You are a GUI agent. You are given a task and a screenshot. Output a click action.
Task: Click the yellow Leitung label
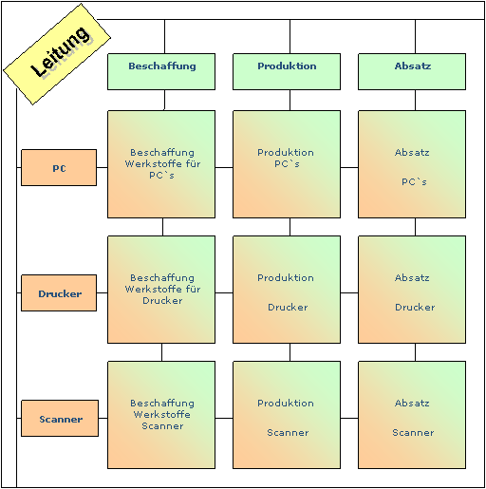57,54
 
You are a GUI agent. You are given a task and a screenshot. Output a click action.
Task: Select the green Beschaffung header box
161,71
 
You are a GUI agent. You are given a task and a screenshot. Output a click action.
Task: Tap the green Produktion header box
287,71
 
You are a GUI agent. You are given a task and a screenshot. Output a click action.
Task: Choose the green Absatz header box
412,71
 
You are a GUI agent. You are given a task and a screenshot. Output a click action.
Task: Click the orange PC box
59,167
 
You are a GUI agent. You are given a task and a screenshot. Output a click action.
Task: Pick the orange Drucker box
59,292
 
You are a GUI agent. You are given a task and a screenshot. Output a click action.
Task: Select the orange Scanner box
60,418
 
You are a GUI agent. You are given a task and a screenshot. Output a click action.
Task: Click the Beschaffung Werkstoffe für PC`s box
161,164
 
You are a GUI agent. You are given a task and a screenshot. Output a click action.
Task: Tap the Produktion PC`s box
287,164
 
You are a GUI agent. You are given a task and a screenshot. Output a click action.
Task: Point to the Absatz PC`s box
412,164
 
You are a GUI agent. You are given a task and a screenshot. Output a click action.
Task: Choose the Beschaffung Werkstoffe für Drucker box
161,290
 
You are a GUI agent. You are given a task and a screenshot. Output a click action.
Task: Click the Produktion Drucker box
287,290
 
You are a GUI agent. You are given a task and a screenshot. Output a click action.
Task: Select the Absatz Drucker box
412,290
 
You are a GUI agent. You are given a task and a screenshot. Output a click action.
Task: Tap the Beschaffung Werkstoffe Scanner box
161,415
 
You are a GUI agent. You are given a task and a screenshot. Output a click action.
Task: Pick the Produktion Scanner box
287,415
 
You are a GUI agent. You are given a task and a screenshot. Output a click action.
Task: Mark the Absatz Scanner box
412,415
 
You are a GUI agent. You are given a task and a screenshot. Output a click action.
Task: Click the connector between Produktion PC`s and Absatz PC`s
349,167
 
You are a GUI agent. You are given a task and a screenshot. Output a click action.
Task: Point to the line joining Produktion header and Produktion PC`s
290,100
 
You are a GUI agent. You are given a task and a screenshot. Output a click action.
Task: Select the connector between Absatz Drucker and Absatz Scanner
415,352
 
